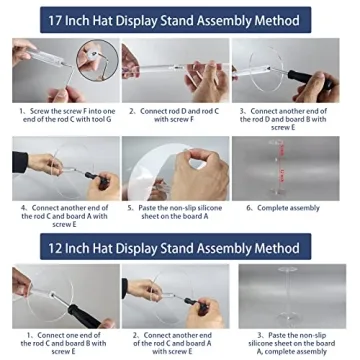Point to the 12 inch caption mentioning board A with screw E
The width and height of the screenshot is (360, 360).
coord(178,342)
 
